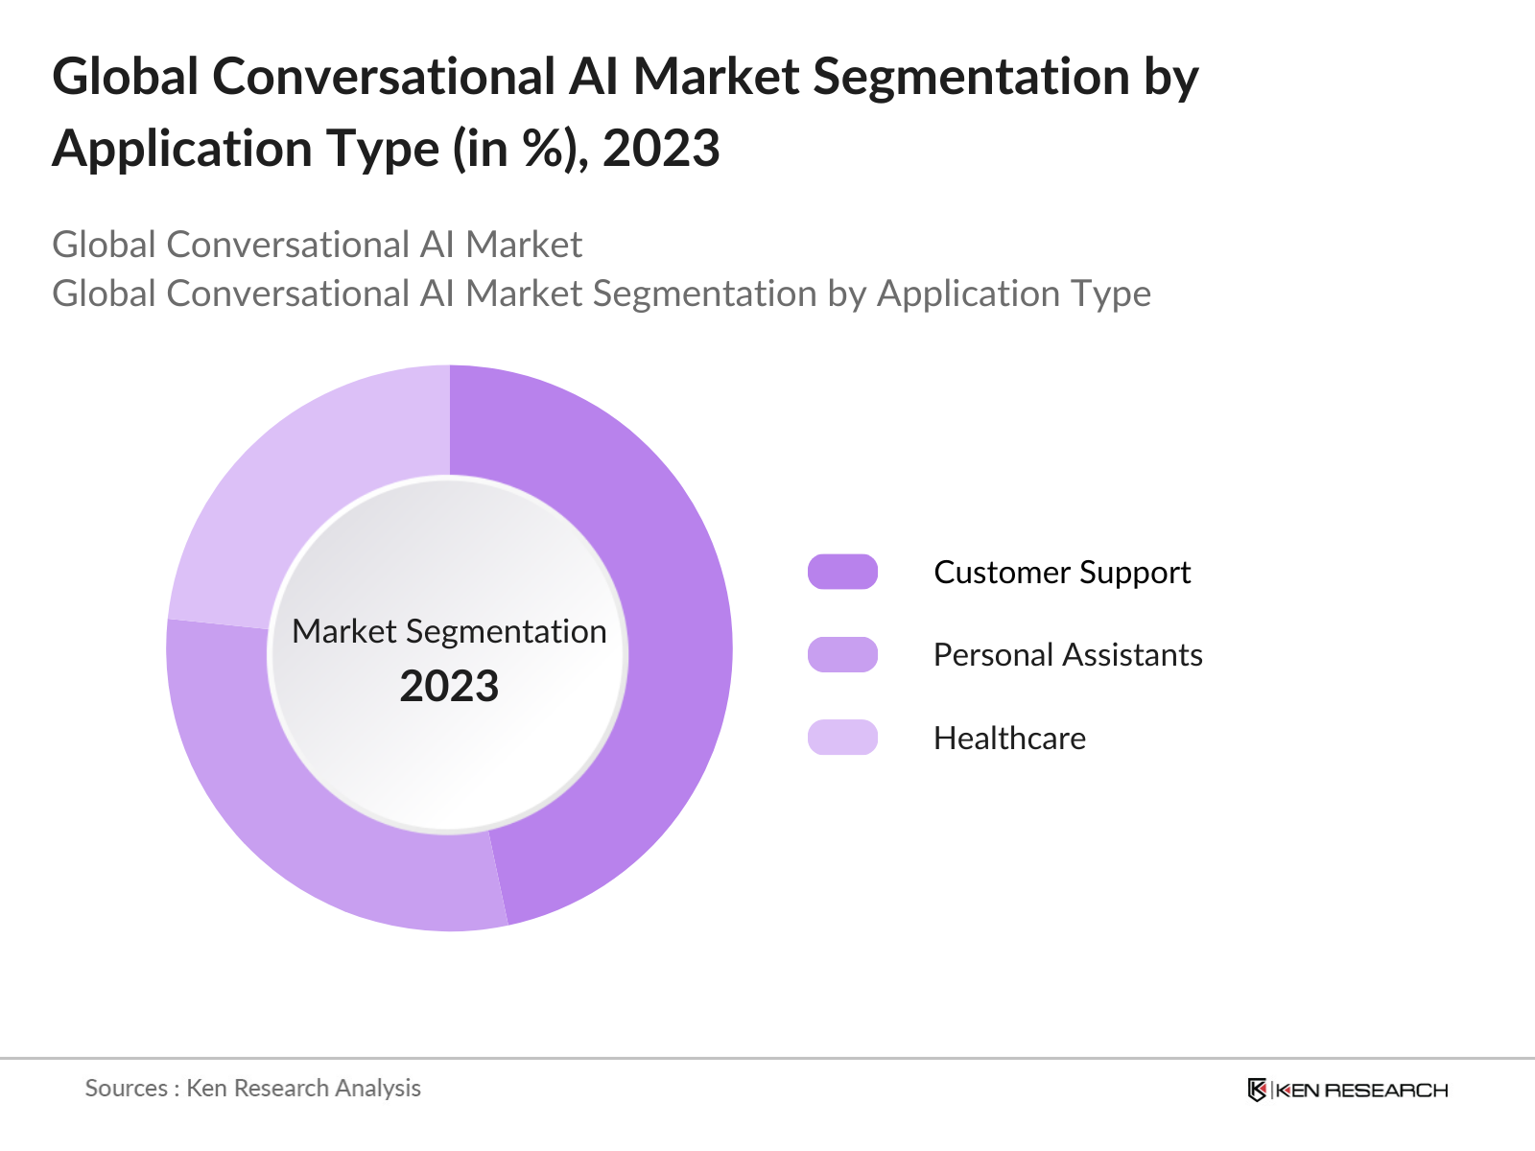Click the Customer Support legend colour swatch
(x=842, y=572)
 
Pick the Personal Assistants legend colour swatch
(x=842, y=655)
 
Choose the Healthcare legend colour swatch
(x=842, y=738)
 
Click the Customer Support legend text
(x=1062, y=573)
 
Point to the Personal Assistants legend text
(x=1068, y=655)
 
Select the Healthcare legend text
(x=1009, y=739)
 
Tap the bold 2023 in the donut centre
(x=449, y=687)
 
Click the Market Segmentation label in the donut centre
(x=449, y=631)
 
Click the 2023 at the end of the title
(x=661, y=149)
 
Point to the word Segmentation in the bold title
(x=971, y=77)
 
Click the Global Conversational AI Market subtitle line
(x=317, y=245)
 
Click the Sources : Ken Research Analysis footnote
(x=253, y=1088)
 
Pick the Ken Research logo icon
(x=1257, y=1090)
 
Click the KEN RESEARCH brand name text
(x=1361, y=1091)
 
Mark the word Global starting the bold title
(x=126, y=77)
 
